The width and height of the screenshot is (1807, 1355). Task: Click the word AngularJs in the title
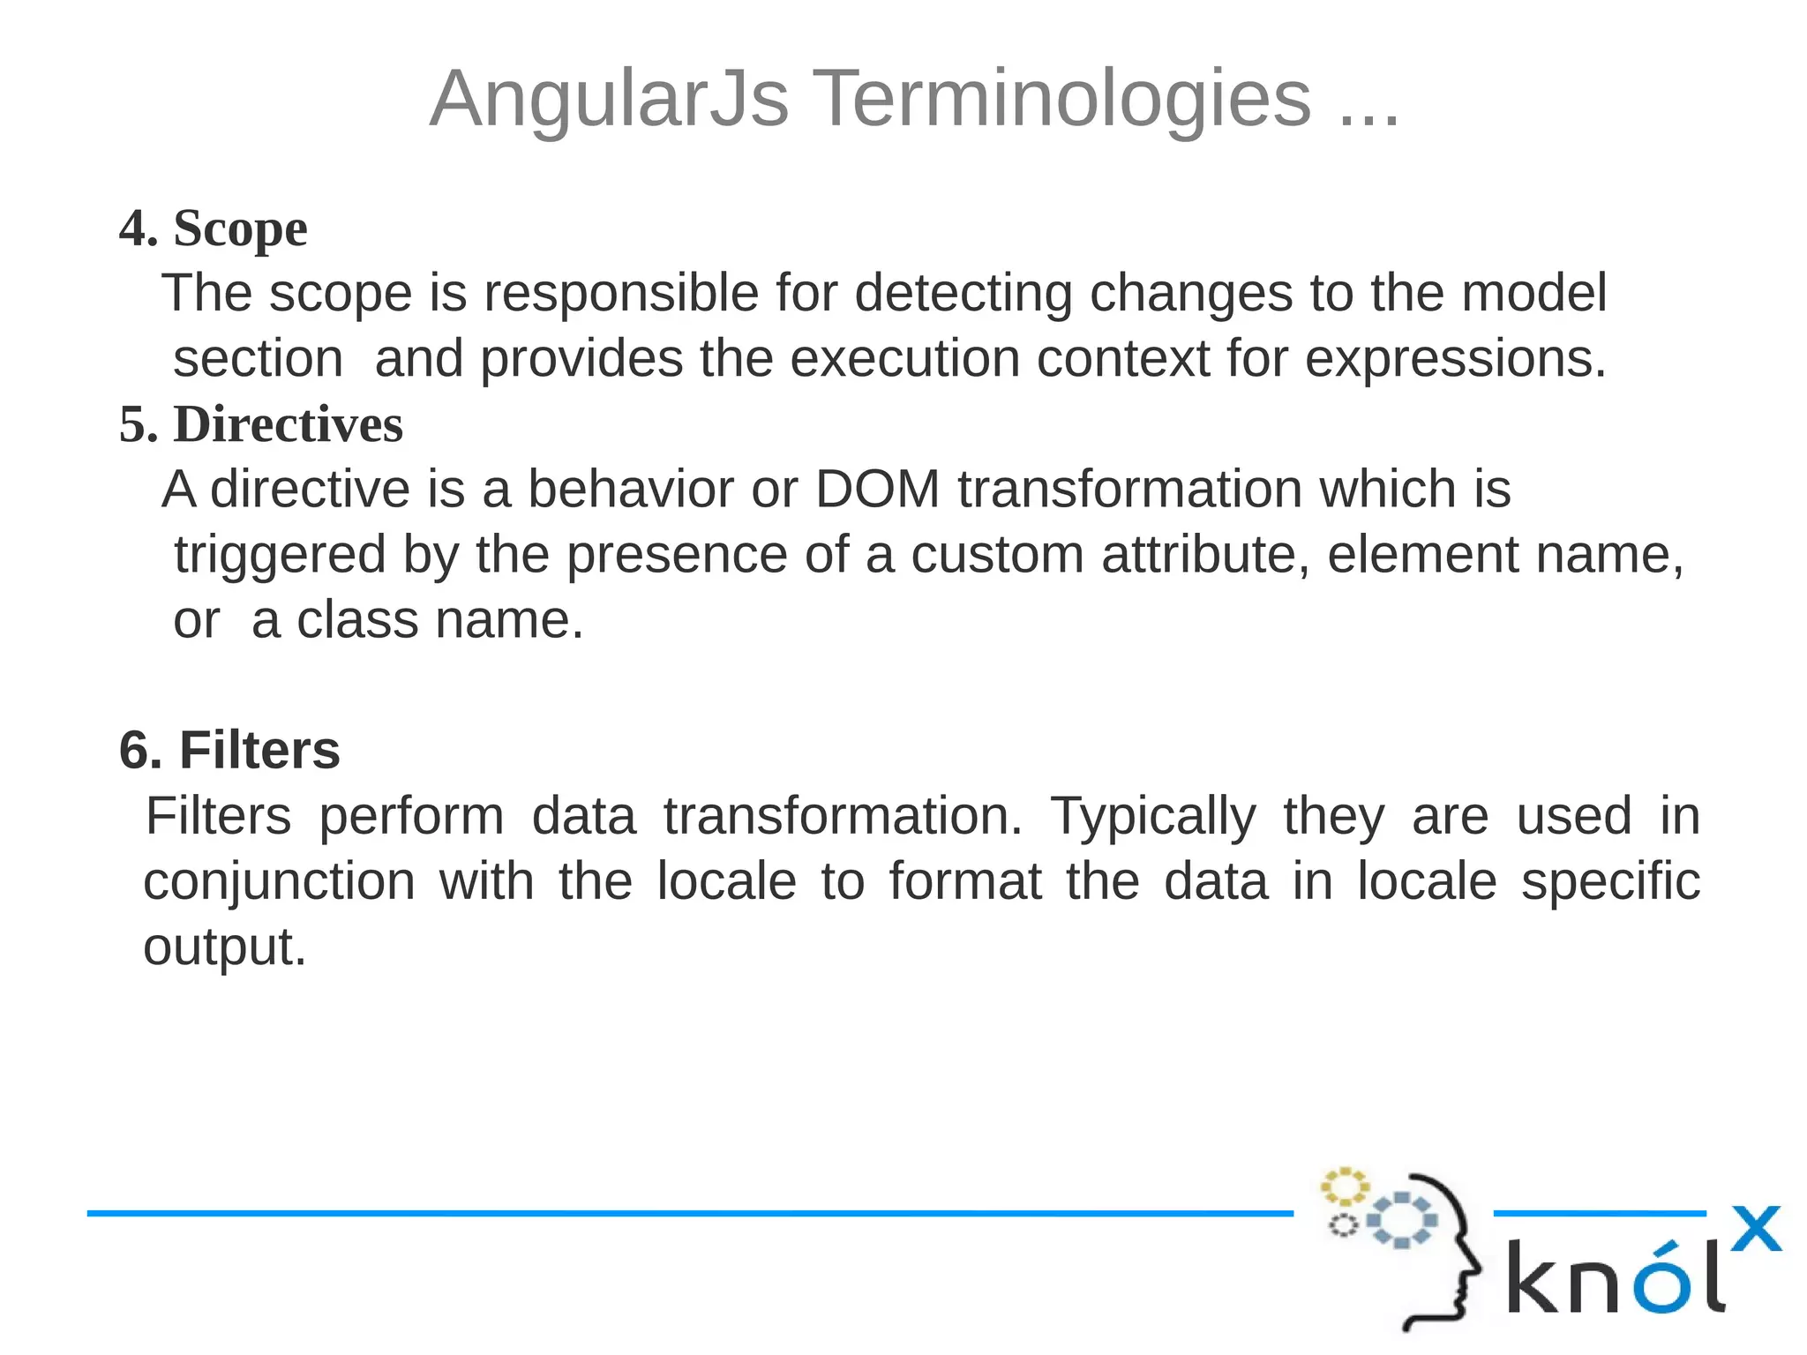pyautogui.click(x=609, y=99)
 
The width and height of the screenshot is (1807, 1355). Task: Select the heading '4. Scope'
pyautogui.click(x=214, y=228)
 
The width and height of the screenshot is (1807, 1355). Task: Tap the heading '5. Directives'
pyautogui.click(x=261, y=424)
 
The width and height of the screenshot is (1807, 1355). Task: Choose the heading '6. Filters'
pyautogui.click(x=229, y=751)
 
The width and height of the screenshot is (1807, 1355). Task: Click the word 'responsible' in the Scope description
pyautogui.click(x=621, y=293)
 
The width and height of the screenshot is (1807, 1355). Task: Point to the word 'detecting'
pyautogui.click(x=963, y=293)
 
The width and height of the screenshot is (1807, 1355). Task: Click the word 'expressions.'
pyautogui.click(x=1456, y=359)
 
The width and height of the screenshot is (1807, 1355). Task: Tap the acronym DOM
pyautogui.click(x=878, y=489)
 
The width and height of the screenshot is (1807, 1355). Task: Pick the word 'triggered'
pyautogui.click(x=280, y=556)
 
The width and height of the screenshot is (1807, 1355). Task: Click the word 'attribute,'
pyautogui.click(x=1205, y=555)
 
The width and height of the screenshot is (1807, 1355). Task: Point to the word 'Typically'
pyautogui.click(x=1152, y=816)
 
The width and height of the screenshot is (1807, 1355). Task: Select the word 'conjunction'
pyautogui.click(x=279, y=882)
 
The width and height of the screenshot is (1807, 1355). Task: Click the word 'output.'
pyautogui.click(x=224, y=947)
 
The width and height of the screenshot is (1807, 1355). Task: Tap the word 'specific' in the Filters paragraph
pyautogui.click(x=1610, y=882)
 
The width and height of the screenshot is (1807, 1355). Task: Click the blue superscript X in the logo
pyautogui.click(x=1756, y=1229)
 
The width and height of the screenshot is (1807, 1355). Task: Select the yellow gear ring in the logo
pyautogui.click(x=1344, y=1187)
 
